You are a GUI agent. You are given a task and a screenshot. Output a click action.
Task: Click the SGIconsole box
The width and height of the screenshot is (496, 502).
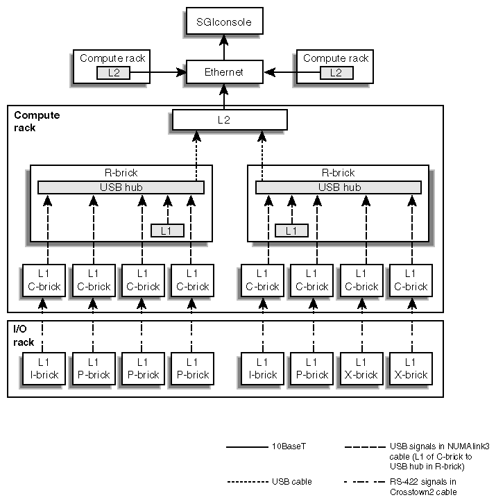[223, 22]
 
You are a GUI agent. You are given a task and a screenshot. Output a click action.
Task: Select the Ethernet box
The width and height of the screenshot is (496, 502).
[223, 72]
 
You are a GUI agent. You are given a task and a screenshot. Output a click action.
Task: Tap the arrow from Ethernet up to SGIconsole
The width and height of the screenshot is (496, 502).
[223, 49]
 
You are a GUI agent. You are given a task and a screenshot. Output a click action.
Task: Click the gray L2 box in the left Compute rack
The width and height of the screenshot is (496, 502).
[113, 72]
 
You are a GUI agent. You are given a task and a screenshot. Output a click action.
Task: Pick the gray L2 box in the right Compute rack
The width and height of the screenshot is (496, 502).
[336, 72]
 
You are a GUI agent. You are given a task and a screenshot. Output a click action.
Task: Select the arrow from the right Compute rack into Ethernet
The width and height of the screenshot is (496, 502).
[281, 72]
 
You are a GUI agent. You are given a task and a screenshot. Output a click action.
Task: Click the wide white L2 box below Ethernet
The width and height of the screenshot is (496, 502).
[230, 119]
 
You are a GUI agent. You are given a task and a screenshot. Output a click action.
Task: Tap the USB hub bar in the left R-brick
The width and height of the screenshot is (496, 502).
[121, 187]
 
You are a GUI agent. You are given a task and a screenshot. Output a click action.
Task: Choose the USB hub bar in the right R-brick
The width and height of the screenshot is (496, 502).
[339, 187]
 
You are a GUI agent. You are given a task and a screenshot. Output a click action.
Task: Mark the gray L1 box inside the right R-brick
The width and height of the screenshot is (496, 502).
[291, 231]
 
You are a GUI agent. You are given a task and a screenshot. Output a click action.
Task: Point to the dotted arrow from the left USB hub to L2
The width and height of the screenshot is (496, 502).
[196, 156]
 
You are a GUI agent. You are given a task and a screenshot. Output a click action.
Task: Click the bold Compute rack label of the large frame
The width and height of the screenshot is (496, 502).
[37, 121]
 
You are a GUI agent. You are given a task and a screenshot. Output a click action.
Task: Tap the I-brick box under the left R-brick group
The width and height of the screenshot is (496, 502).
[44, 368]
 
